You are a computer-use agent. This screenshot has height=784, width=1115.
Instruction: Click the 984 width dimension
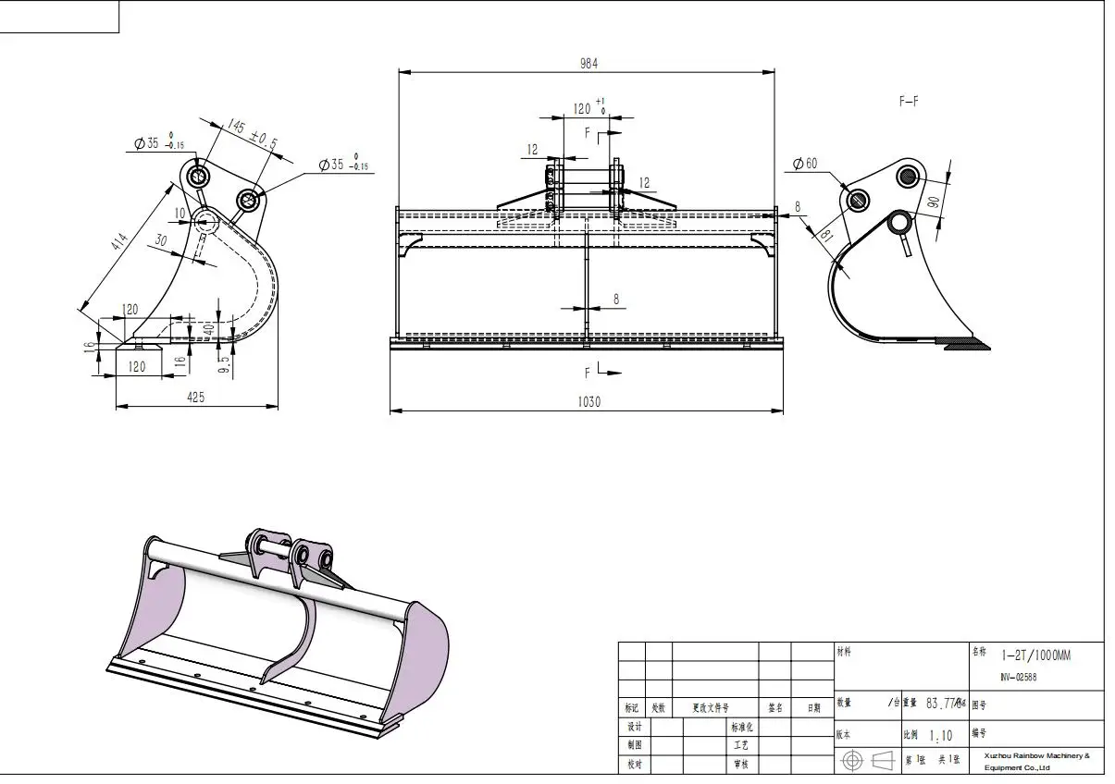coord(588,63)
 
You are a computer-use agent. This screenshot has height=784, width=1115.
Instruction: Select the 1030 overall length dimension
coord(588,402)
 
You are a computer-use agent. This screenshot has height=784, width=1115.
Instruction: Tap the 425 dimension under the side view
coord(195,397)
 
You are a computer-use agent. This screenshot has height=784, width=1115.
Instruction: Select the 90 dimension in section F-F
coord(933,202)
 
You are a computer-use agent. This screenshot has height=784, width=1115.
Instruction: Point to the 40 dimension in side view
coord(208,326)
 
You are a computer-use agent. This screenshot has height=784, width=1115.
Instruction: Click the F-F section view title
coord(909,102)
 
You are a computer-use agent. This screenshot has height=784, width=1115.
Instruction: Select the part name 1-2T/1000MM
coord(1035,655)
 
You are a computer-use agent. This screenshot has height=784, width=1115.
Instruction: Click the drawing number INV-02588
coord(1019,677)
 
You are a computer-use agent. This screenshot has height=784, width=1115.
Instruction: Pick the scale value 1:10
coord(940,736)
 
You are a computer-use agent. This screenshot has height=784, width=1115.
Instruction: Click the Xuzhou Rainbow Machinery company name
coord(1036,762)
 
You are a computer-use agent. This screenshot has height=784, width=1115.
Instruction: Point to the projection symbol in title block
coord(869,760)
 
